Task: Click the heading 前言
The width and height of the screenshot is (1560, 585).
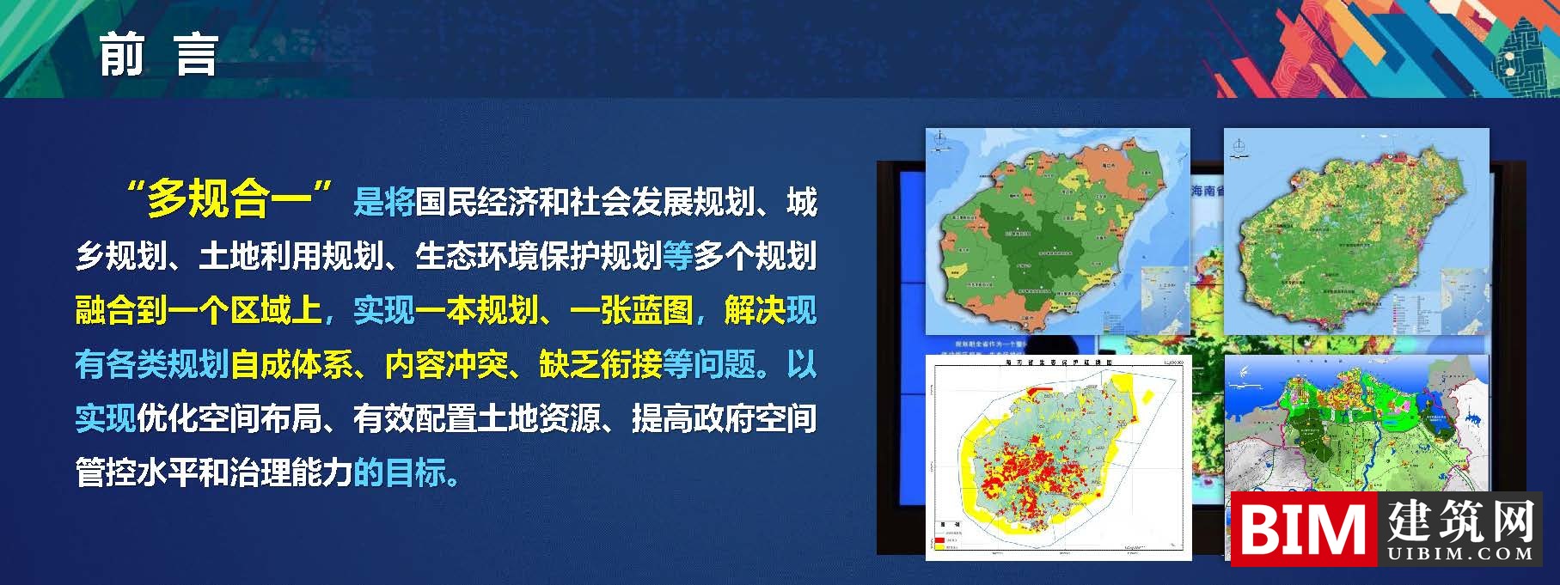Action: click(x=159, y=55)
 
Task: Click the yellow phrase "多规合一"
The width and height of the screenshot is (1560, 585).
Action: click(x=228, y=200)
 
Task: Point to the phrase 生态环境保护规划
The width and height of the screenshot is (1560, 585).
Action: click(x=538, y=256)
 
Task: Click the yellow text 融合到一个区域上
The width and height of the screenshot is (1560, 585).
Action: click(x=198, y=310)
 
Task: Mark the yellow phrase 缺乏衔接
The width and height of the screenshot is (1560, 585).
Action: click(x=600, y=364)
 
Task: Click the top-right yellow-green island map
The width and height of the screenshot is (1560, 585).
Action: click(x=1355, y=232)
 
